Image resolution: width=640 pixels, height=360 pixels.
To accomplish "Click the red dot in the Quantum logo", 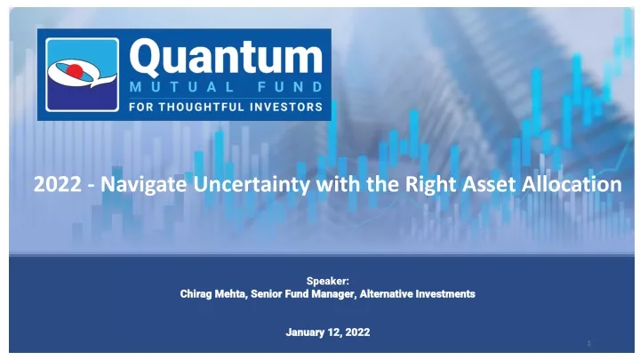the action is (x=75, y=70).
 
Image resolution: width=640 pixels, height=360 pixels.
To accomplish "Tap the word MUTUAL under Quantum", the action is (x=181, y=87).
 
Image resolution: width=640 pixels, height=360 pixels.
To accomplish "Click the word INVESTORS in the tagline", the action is (x=286, y=107).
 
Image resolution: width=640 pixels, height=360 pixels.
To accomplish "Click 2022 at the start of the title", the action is (x=57, y=184).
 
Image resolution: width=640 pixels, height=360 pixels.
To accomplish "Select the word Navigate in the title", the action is (x=144, y=185).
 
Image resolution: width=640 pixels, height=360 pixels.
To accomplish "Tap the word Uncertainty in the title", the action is (x=252, y=185).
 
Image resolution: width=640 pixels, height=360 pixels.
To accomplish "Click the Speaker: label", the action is (x=328, y=281).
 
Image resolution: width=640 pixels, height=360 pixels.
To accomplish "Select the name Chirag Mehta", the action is (x=213, y=294).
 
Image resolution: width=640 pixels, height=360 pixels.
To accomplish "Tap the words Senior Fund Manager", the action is (x=302, y=294).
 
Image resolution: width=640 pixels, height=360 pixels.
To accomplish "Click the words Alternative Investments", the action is (x=417, y=294).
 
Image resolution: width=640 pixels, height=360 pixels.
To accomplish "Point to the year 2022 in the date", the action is (x=357, y=332).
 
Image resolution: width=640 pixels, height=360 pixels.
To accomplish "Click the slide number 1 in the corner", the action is (x=589, y=343).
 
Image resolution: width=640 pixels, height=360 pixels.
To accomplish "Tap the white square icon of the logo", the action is (x=83, y=75).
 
